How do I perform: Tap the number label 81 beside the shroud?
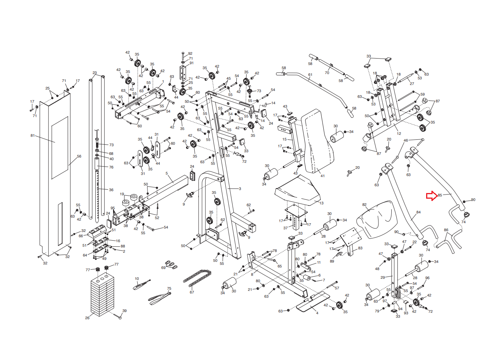tap(33, 135)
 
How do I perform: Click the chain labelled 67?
tap(197, 278)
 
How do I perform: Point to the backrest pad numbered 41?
tap(318, 141)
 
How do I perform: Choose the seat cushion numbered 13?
tap(298, 190)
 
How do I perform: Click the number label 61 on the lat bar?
tap(310, 75)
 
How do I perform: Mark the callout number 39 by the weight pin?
tap(124, 311)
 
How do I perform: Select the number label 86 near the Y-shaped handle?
tap(446, 230)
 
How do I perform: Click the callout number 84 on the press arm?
tap(418, 212)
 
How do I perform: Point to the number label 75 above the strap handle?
tap(169, 288)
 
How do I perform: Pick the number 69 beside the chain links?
tap(163, 267)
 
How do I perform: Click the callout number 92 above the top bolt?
tap(190, 53)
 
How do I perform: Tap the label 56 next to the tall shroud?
tap(79, 156)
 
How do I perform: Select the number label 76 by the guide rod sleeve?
tap(111, 167)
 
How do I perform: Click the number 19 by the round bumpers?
tap(122, 194)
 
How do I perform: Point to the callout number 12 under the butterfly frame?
tap(399, 133)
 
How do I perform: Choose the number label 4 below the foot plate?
tap(317, 313)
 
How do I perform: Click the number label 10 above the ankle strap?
tap(137, 279)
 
